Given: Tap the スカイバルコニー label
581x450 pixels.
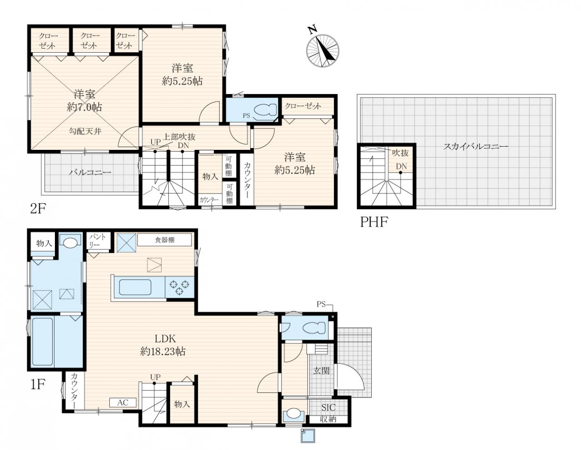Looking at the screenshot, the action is (475, 147).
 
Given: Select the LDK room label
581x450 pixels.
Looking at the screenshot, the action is (165, 339).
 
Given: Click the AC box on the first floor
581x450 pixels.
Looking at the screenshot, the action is (123, 402).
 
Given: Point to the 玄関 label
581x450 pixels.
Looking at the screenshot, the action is (321, 371).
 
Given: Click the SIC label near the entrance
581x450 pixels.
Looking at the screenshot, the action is (328, 407).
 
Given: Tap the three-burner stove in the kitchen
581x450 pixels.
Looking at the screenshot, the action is (179, 287).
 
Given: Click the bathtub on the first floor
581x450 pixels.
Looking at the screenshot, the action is (43, 341).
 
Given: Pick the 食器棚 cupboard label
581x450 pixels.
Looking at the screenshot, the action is (165, 240).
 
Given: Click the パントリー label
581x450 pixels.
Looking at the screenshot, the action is (98, 240).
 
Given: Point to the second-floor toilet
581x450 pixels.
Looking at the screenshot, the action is (265, 110).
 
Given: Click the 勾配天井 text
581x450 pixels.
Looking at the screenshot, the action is (85, 131).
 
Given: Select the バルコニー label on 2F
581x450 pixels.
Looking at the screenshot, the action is (90, 172).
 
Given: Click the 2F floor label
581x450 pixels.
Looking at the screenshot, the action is (37, 209).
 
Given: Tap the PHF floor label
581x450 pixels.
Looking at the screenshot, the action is (374, 222).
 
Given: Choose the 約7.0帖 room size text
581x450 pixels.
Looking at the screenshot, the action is (84, 107).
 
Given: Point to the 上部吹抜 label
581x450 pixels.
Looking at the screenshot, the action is (179, 137).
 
